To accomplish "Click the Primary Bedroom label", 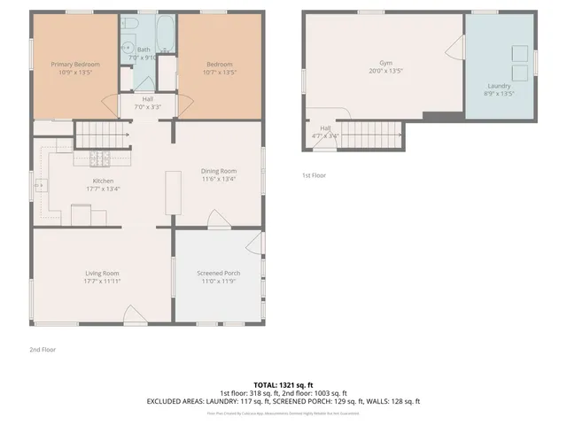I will pos(74,65).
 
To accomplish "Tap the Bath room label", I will pos(144,50).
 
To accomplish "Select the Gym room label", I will pos(385,65).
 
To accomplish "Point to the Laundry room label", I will pos(498,86).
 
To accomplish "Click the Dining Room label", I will pos(218,171).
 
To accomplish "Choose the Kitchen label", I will pos(104,181).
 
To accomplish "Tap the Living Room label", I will pos(102,274).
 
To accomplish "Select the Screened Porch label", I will pos(218,274).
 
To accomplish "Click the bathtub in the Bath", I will pos(166,34).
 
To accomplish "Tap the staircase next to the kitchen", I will pos(102,134).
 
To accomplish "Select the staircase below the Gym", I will pos(369,135).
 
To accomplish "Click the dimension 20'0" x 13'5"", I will pos(385,72).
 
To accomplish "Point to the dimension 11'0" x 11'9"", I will pos(218,281).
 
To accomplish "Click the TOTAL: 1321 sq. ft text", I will pos(283,385).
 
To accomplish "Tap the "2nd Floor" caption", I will pos(42,350).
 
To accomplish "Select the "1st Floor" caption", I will pos(314,175).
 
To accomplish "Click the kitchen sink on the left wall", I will pos(41,185).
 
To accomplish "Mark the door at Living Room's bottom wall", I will pos(130,315).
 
